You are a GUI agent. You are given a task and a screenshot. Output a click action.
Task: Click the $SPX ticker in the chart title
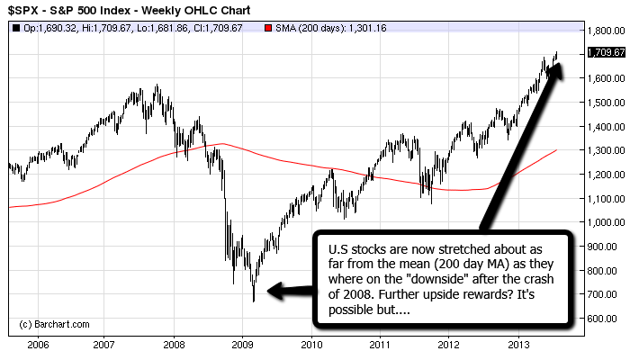[x=24, y=10]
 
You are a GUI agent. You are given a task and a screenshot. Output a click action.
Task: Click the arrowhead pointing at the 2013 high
[x=559, y=70]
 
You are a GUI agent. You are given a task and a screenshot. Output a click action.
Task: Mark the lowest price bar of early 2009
[x=253, y=300]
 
